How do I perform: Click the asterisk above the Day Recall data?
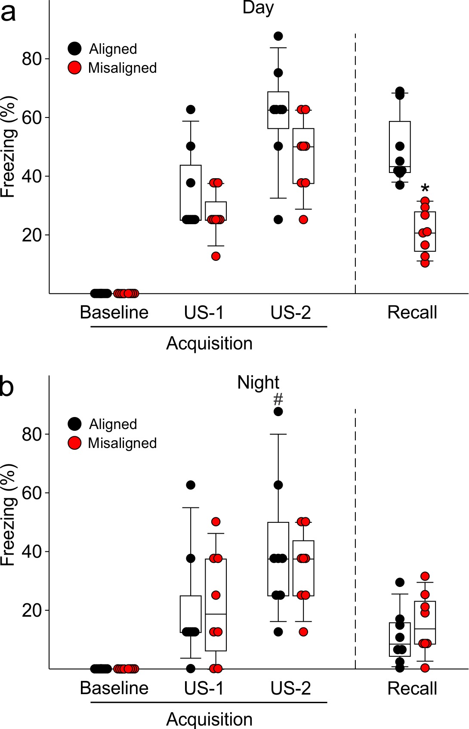point(425,188)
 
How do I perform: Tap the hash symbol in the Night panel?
point(278,399)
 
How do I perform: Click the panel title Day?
point(258,8)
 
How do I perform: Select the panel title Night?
point(258,382)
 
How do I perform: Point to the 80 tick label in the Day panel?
point(31,59)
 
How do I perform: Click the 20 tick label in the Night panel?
point(31,610)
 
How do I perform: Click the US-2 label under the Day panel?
point(290,312)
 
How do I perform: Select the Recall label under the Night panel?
point(412,688)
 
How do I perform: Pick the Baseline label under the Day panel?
point(114,312)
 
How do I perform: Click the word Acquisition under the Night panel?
point(209,719)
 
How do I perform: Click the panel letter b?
point(7,386)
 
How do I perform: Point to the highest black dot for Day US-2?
point(278,36)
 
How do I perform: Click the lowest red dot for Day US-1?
point(216,256)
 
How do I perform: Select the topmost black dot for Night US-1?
point(191,485)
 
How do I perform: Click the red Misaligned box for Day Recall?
point(425,232)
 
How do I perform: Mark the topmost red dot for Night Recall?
point(425,576)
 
